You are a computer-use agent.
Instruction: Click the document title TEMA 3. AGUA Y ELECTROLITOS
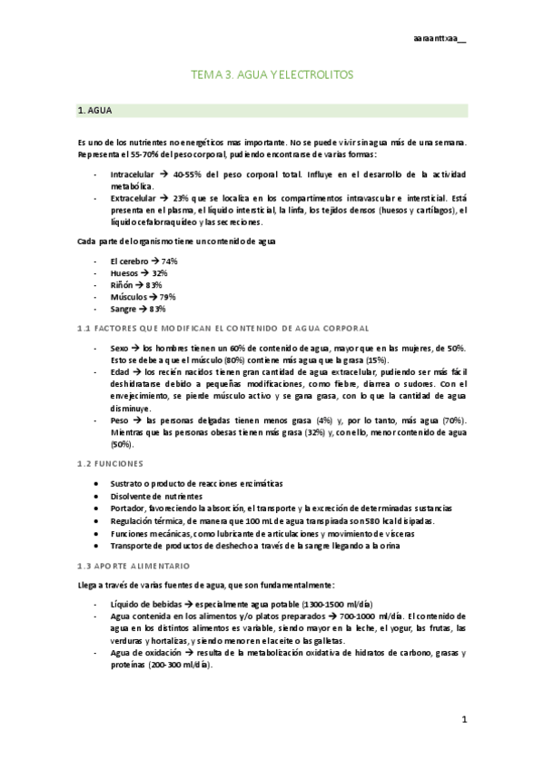[x=272, y=75]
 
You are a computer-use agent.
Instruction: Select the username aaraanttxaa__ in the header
[x=439, y=38]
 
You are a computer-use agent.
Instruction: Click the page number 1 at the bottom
[x=463, y=720]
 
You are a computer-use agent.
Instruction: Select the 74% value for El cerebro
[x=168, y=261]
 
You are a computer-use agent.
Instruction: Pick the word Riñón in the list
[x=122, y=284]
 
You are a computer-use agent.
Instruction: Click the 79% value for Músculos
[x=166, y=297]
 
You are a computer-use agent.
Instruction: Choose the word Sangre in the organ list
[x=124, y=309]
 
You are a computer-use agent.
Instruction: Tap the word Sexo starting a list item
[x=119, y=348]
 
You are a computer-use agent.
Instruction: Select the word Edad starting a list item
[x=119, y=371]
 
